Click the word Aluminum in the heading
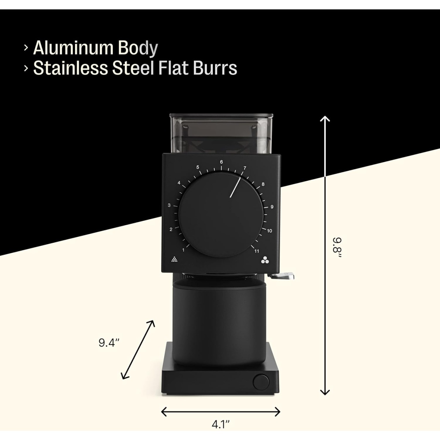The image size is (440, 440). click(x=73, y=48)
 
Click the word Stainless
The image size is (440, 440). click(x=70, y=68)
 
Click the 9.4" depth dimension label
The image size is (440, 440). click(x=109, y=343)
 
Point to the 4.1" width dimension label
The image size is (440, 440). click(x=220, y=425)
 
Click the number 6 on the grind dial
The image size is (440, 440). click(x=221, y=162)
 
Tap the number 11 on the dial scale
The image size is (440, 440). click(x=257, y=251)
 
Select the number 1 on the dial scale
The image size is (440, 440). click(x=183, y=250)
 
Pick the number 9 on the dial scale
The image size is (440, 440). click(x=272, y=207)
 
